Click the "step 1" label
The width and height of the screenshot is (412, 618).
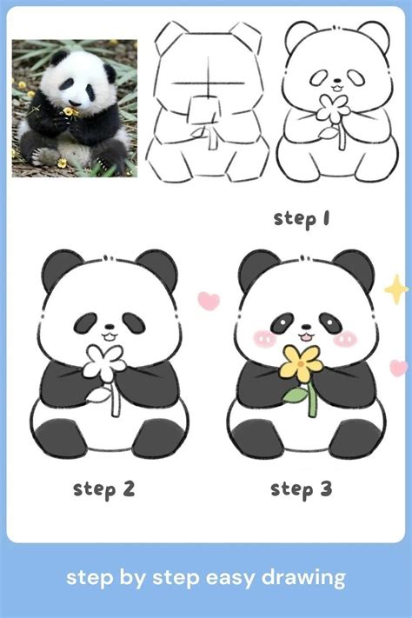(302, 218)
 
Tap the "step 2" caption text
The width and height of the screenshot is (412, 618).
(104, 488)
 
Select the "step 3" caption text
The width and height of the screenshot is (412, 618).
(302, 488)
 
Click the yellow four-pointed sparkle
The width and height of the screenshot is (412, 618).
(395, 289)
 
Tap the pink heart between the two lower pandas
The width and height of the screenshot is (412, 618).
(209, 301)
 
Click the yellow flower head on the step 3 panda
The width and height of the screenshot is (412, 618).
(302, 362)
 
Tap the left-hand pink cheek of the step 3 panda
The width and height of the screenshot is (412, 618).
(262, 337)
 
